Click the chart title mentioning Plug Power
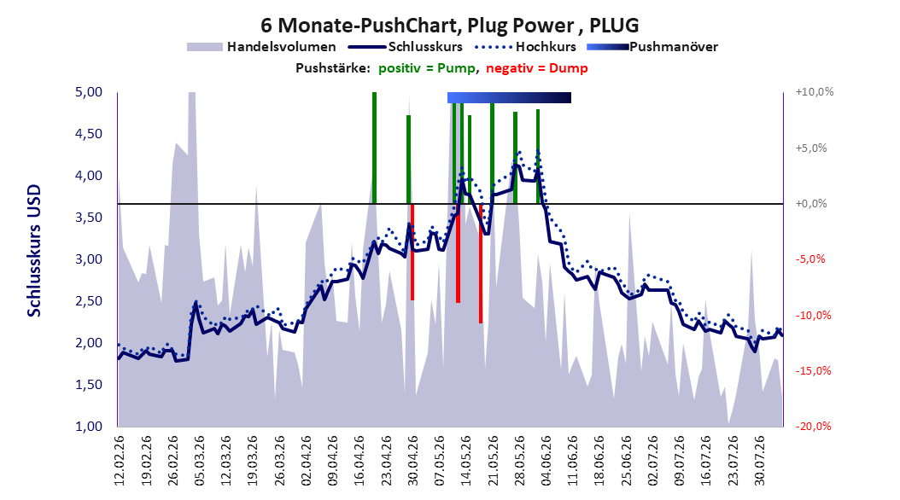point(449,26)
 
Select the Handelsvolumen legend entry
point(262,47)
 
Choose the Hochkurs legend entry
point(525,47)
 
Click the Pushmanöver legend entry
point(652,47)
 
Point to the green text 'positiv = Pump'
point(427,68)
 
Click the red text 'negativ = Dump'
point(537,68)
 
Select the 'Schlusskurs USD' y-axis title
point(34,251)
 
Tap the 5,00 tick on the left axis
point(89,92)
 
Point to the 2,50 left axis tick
point(89,301)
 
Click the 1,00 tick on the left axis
point(89,426)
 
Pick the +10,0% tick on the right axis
point(815,92)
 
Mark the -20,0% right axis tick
point(813,426)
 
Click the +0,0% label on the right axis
point(811,204)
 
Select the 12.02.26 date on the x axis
point(120,461)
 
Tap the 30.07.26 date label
point(760,461)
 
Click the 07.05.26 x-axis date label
point(440,461)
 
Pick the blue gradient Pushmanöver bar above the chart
point(509,97)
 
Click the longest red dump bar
point(481,263)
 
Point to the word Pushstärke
point(333,68)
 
